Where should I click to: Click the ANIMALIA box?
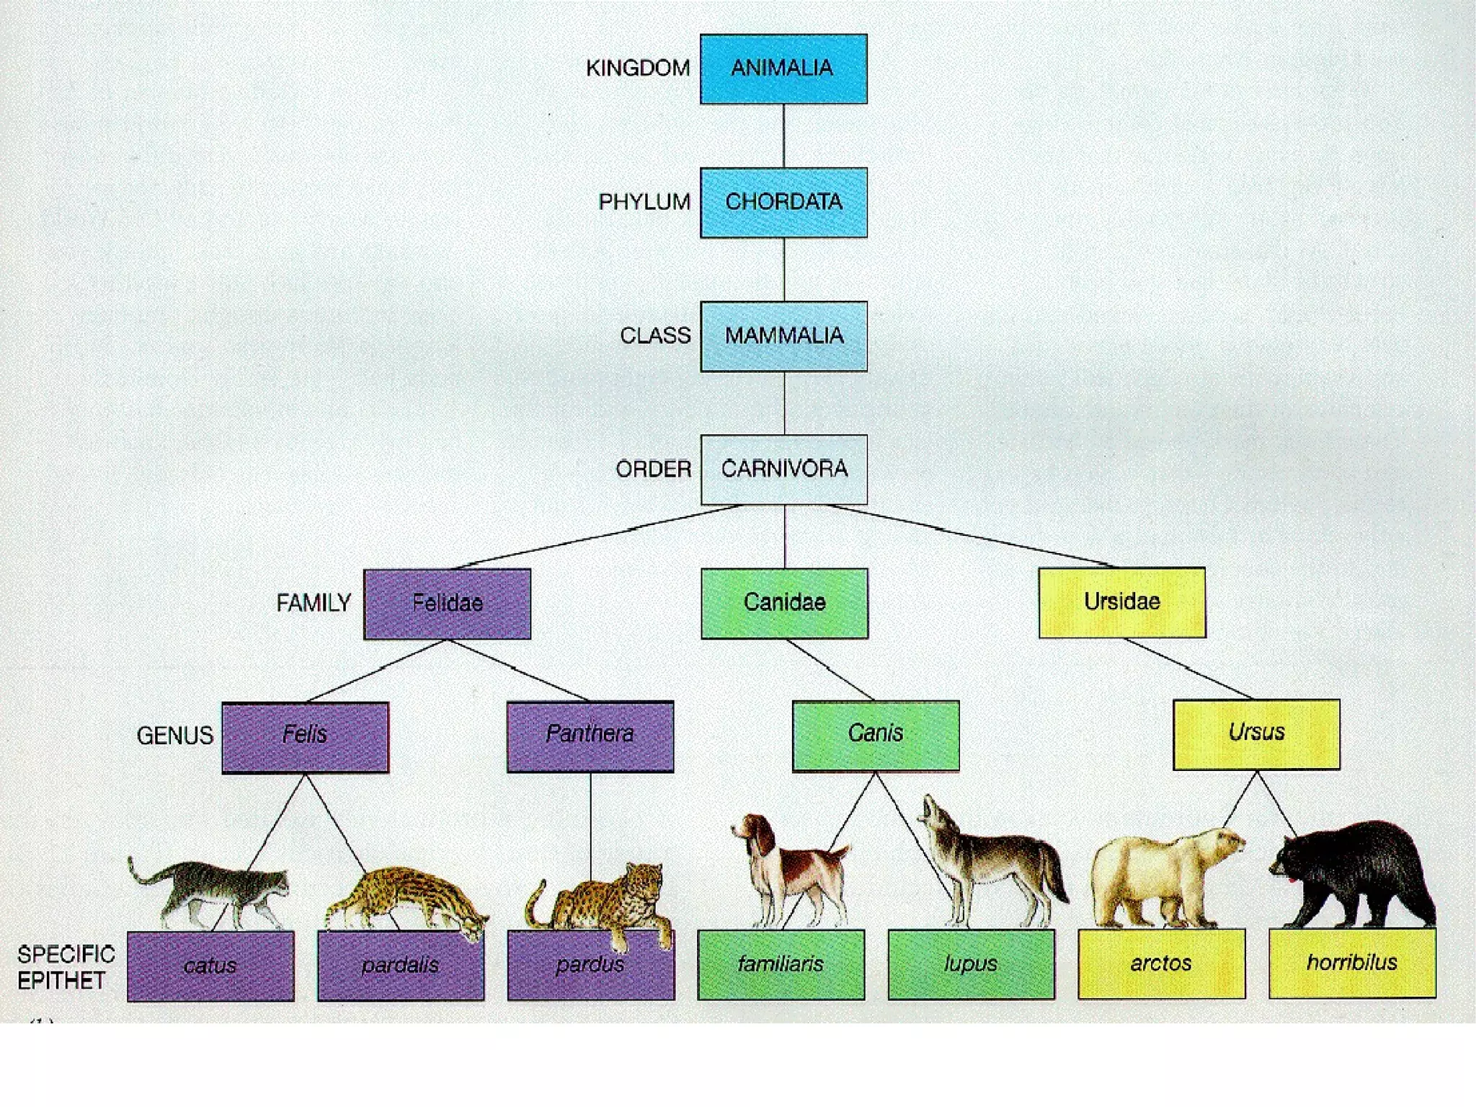pos(783,69)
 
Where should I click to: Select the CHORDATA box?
pos(783,203)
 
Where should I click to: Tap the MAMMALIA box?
pos(783,336)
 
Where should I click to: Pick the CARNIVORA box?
pos(783,469)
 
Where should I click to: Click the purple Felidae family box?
pos(447,604)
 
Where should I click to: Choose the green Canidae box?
pos(784,603)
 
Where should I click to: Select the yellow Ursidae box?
pos(1121,602)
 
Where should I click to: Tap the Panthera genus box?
pos(590,736)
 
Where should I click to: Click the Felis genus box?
pos(305,736)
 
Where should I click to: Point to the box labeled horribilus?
pos(1352,963)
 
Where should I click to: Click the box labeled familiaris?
pos(781,964)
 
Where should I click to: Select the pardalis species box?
pos(401,966)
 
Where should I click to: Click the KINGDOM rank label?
pos(637,69)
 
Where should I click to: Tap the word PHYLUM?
pos(644,202)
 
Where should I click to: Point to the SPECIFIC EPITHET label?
pos(66,967)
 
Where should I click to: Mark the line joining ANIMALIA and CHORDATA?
pos(783,136)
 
